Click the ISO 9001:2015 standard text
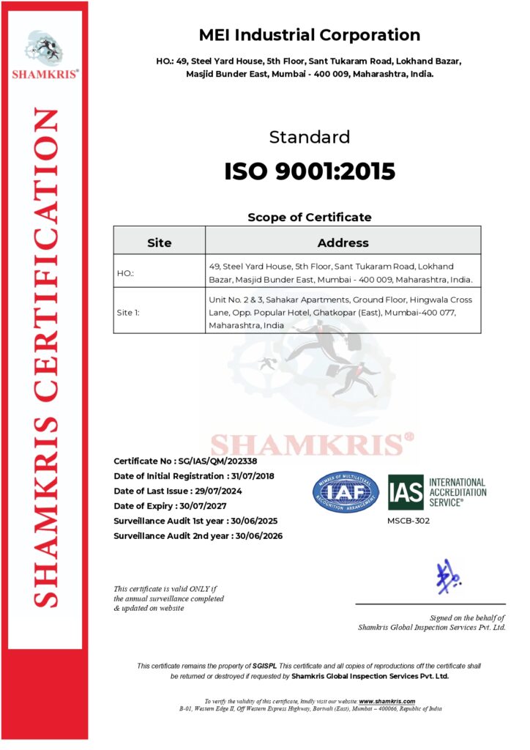(x=310, y=171)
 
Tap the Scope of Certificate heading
(x=309, y=217)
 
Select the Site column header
(x=159, y=242)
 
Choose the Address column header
(x=343, y=242)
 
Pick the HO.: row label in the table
(x=125, y=273)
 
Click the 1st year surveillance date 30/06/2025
(x=252, y=521)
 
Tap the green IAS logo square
(x=406, y=492)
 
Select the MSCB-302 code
(x=408, y=521)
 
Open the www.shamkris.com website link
(x=387, y=702)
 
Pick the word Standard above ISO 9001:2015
(x=310, y=137)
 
